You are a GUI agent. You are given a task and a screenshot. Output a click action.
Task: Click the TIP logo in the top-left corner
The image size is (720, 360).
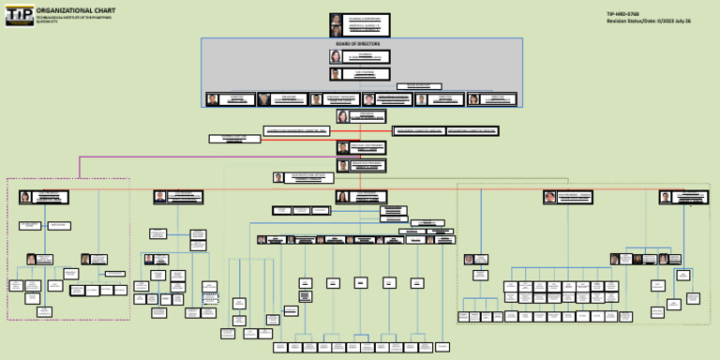pyautogui.click(x=19, y=16)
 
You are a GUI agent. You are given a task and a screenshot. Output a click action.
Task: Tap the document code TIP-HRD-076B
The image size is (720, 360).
pyautogui.click(x=623, y=13)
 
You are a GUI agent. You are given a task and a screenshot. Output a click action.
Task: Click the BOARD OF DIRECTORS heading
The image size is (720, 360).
pyautogui.click(x=361, y=44)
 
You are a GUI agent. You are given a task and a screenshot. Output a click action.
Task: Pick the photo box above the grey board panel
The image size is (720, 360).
pyautogui.click(x=360, y=25)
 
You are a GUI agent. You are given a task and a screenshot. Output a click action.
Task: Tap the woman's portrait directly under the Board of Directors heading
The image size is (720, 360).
pyautogui.click(x=336, y=56)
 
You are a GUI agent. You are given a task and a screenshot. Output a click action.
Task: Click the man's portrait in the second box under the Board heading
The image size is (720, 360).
pyautogui.click(x=336, y=74)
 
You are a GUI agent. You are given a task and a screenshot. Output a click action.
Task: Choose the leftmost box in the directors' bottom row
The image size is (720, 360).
pyautogui.click(x=230, y=98)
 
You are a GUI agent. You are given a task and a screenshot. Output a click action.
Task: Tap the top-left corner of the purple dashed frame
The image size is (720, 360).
pyautogui.click(x=7, y=178)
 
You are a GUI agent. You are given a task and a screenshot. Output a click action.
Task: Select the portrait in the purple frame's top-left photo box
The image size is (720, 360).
pyautogui.click(x=25, y=197)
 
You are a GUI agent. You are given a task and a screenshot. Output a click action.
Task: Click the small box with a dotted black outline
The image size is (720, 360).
pyautogui.click(x=210, y=297)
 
